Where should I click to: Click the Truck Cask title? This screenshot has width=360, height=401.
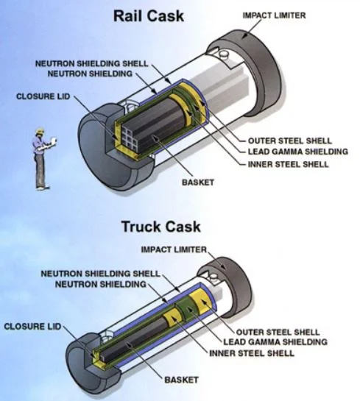160,227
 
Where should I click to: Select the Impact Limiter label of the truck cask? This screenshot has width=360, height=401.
174,250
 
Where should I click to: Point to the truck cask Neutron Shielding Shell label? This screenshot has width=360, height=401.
99,274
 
